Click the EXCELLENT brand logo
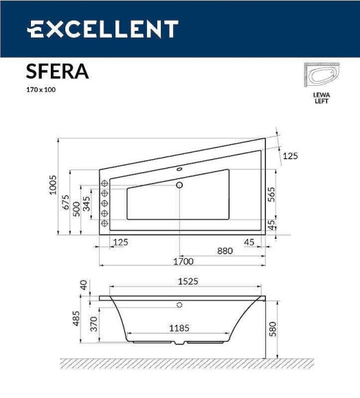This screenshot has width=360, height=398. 103,30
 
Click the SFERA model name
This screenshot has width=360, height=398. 57,71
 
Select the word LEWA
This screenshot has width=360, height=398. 321,95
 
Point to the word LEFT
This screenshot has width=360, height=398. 321,102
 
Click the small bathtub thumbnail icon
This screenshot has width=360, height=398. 321,76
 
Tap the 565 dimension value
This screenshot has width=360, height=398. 271,194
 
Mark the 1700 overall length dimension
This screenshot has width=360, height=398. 183,261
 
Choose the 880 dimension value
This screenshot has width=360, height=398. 225,250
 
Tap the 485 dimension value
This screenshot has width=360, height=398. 77,320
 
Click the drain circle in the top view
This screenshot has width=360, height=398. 179,185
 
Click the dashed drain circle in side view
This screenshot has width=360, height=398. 179,305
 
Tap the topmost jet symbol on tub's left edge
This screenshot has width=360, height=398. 105,183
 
